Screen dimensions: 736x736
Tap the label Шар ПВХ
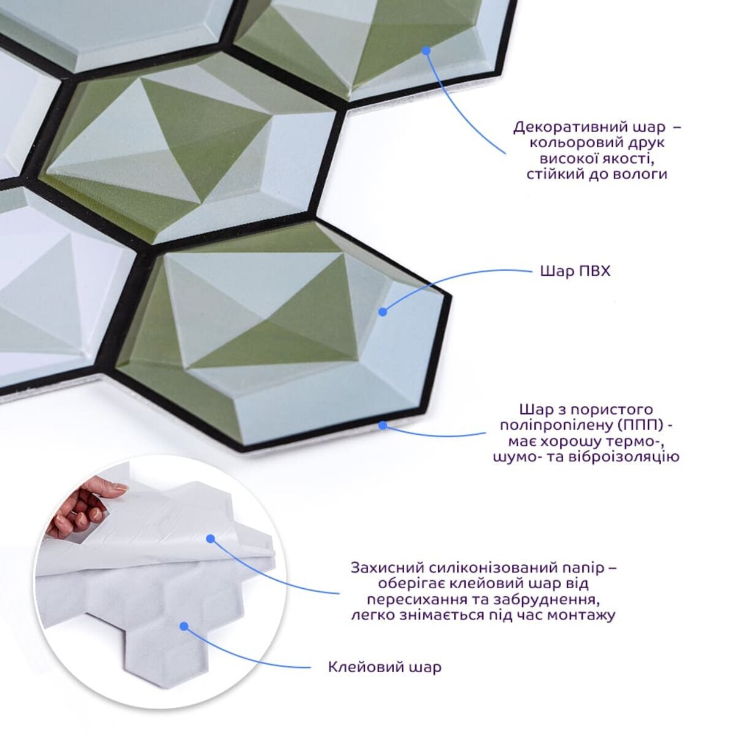(575, 272)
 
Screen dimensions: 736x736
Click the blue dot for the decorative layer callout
(427, 50)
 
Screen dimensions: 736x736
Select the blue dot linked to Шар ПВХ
(383, 312)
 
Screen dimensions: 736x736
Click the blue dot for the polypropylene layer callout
(383, 424)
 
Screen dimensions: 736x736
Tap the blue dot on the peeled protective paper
(210, 539)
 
